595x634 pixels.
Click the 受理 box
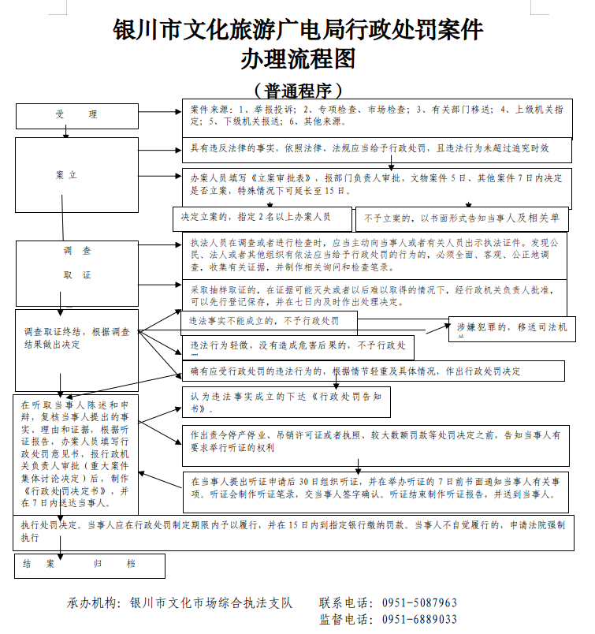click(76, 115)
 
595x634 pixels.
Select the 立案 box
click(67, 174)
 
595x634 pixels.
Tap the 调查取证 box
click(77, 263)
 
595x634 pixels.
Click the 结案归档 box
click(90, 565)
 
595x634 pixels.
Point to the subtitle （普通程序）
click(297, 90)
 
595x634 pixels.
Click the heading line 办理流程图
click(297, 59)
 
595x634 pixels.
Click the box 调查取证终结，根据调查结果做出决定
click(77, 338)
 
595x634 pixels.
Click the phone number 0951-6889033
click(419, 620)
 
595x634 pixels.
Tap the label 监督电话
click(345, 620)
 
